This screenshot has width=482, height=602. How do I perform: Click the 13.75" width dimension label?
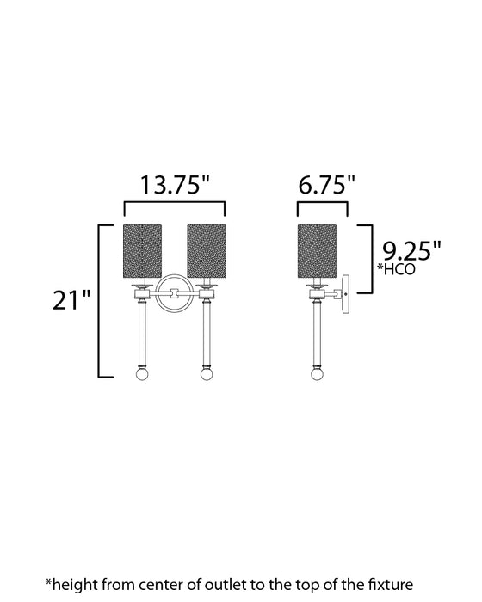pyautogui.click(x=176, y=185)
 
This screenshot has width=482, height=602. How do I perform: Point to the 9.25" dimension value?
pyautogui.click(x=411, y=251)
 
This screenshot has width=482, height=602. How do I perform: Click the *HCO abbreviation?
pyautogui.click(x=398, y=270)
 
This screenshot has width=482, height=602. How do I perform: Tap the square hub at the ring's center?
pyautogui.click(x=175, y=294)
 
